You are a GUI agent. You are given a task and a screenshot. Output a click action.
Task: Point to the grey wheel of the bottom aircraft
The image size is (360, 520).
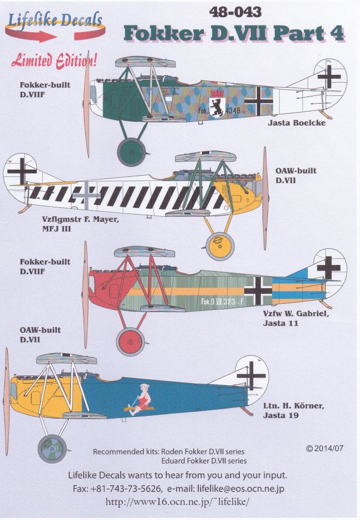52,448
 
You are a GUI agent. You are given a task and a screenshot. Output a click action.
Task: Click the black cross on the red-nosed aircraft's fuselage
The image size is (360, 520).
258,290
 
